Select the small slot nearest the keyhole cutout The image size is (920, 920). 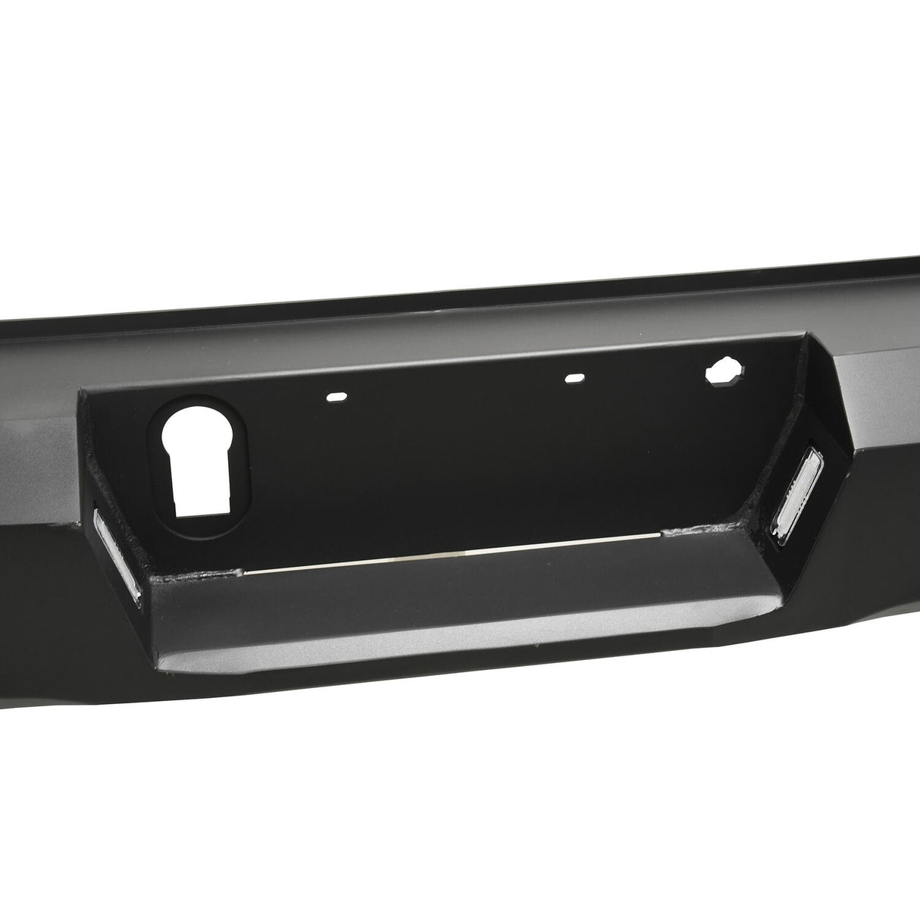pyautogui.click(x=333, y=396)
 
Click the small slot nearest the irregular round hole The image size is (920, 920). pyautogui.click(x=575, y=377)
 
